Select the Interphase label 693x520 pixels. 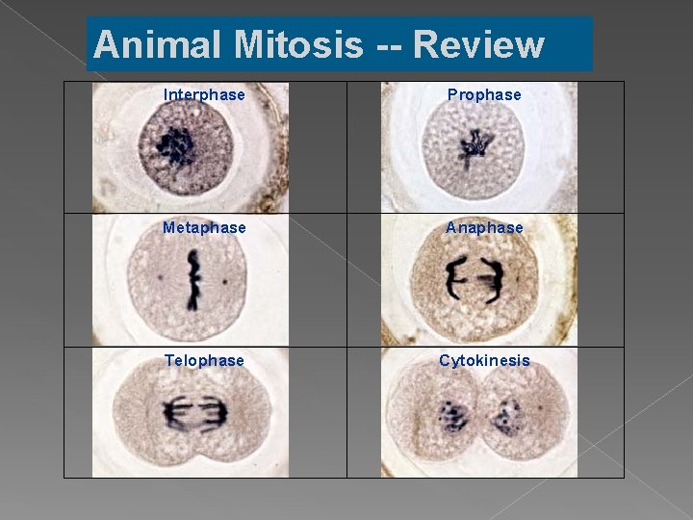click(x=204, y=94)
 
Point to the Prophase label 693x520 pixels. click(x=484, y=94)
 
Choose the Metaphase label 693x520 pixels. click(x=204, y=227)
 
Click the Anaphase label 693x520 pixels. click(x=484, y=227)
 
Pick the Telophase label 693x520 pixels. click(x=204, y=360)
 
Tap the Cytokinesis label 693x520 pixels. click(x=484, y=360)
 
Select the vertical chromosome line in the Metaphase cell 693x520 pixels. click(x=194, y=279)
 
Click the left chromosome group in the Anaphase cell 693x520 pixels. click(x=452, y=279)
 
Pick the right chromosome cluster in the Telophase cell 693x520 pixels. click(x=216, y=414)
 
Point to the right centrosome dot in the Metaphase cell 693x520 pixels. click(x=225, y=282)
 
